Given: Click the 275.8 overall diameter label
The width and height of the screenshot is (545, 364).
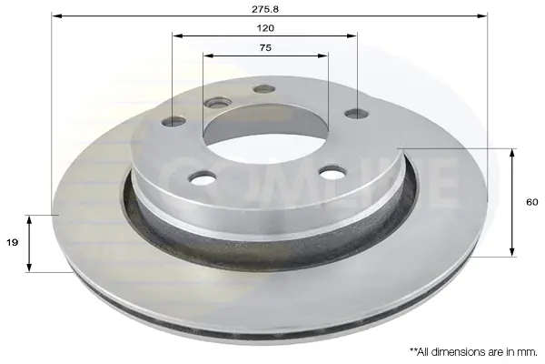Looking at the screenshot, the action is click(265, 9).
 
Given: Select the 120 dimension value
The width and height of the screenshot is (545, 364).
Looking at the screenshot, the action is click(265, 28).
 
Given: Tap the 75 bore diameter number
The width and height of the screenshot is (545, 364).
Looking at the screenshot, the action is click(265, 47).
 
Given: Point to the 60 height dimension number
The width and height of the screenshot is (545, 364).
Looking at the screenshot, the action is click(532, 202).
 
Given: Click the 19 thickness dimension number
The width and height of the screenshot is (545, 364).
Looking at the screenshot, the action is click(12, 242).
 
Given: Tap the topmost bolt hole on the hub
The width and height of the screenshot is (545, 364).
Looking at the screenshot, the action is click(264, 89).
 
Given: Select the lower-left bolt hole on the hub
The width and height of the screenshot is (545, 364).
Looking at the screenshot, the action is click(203, 177).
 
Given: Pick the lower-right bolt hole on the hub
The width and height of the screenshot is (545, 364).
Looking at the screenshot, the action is click(333, 172).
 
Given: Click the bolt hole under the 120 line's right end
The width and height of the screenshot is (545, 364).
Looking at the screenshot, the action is click(357, 114).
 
